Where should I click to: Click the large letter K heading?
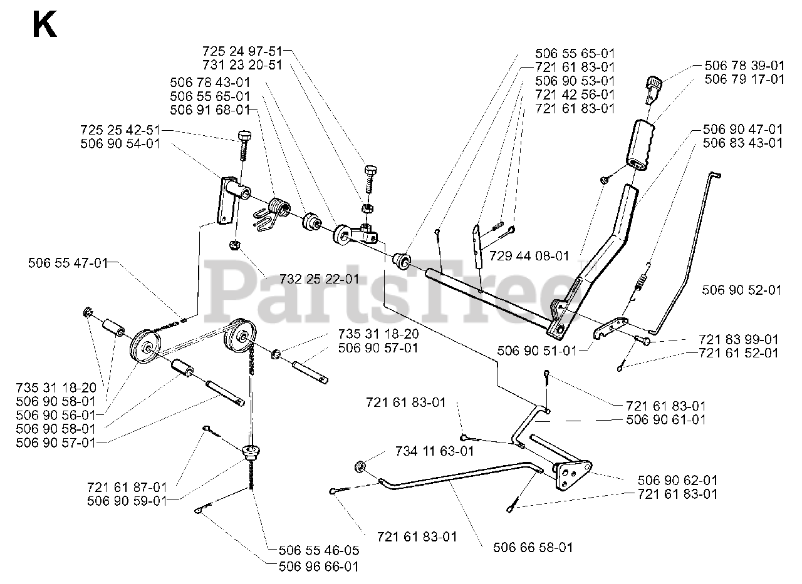coord(44,26)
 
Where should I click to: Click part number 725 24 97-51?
coord(242,51)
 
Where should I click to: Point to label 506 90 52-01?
coord(742,290)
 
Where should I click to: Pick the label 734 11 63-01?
coord(435,451)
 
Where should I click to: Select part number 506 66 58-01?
coord(533,548)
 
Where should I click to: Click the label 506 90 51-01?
coord(536,351)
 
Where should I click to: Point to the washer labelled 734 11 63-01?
coord(362,466)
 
